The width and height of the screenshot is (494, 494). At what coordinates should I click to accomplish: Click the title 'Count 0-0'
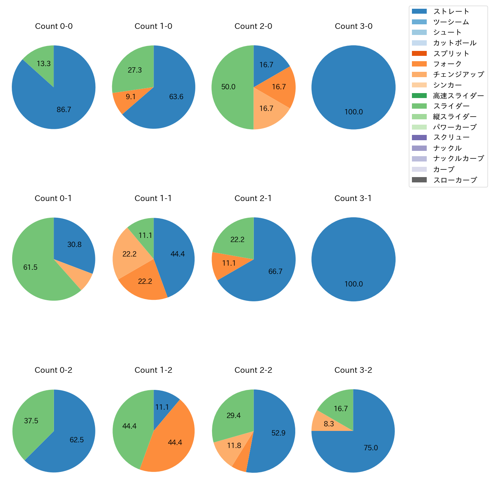[54, 26]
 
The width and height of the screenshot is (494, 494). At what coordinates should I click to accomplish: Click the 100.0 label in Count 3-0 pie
[353, 112]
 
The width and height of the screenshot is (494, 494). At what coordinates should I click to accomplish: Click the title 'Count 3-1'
[353, 198]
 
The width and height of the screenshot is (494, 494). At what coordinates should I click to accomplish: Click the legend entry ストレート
[451, 11]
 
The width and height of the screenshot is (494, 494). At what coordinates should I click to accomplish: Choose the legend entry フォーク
[447, 64]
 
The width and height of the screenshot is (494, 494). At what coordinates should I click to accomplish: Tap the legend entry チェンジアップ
[458, 74]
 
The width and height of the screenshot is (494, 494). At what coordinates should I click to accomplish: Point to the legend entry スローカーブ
[455, 180]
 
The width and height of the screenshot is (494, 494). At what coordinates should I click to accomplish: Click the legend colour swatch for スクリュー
[419, 138]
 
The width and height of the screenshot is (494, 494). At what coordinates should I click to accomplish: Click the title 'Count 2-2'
[253, 370]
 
